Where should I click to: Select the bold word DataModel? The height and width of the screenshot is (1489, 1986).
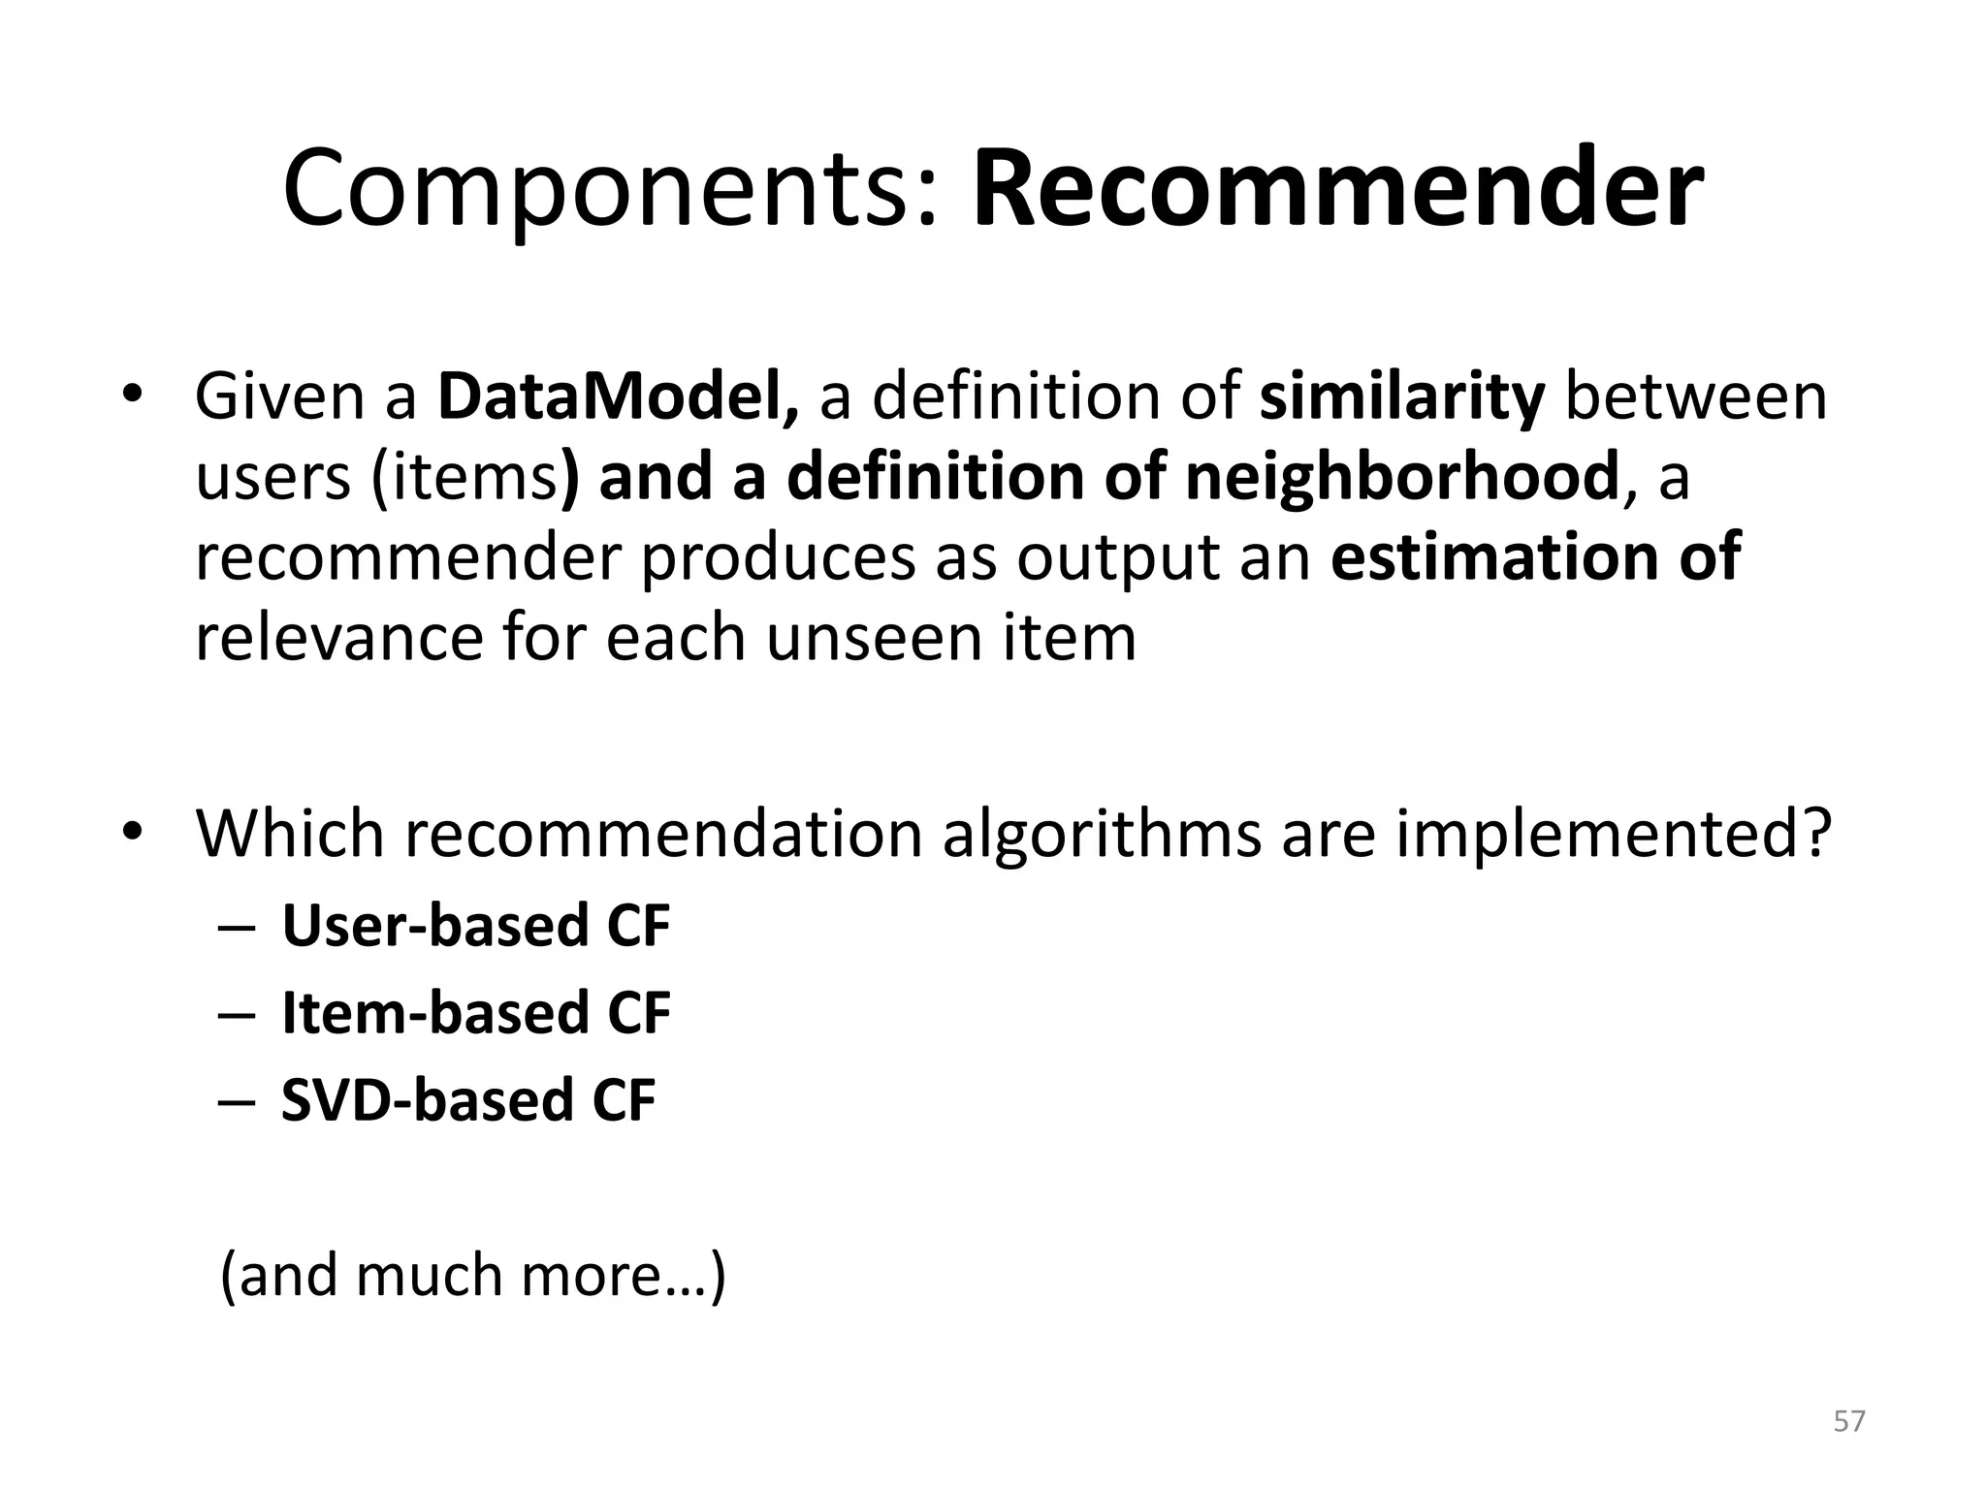618,396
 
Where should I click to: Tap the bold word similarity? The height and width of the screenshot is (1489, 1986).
1401,396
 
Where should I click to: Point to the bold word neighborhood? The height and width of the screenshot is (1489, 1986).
1402,477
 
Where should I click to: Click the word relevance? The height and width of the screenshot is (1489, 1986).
338,639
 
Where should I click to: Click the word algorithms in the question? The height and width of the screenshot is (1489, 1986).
1102,834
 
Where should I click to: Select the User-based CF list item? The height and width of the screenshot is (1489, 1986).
475,926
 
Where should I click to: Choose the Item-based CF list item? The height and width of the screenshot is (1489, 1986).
475,1013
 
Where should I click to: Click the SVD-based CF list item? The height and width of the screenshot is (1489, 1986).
467,1101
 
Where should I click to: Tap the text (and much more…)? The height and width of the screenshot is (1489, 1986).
472,1276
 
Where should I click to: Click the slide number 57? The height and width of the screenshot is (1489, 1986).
1848,1421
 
